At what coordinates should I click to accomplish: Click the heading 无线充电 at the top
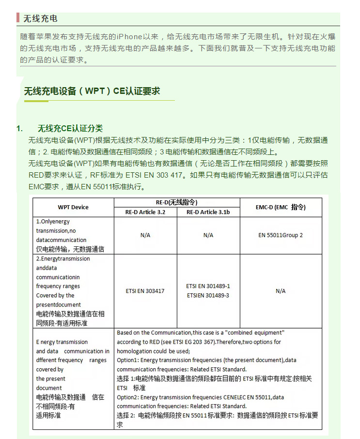point(40,18)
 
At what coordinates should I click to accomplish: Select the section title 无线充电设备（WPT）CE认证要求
point(92,91)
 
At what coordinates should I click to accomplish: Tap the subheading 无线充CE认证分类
point(70,128)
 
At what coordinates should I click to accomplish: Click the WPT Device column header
point(73,207)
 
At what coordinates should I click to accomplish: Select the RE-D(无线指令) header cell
point(176,202)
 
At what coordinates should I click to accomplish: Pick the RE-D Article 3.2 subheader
point(145,212)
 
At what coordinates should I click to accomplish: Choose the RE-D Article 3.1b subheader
point(208,212)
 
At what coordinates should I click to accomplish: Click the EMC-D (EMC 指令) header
point(281,207)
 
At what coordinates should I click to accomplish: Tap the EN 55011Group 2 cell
point(281,235)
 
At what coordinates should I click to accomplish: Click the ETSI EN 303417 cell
point(145,291)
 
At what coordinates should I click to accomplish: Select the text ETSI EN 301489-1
point(208,286)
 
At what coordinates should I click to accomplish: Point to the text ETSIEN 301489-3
point(208,295)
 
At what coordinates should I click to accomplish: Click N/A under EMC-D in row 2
point(281,291)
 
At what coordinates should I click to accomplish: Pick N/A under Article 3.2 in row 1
point(145,235)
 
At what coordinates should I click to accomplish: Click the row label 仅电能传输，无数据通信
point(70,249)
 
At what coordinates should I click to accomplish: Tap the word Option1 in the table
point(127,360)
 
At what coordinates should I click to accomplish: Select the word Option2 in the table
point(127,397)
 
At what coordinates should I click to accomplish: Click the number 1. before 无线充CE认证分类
point(20,128)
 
